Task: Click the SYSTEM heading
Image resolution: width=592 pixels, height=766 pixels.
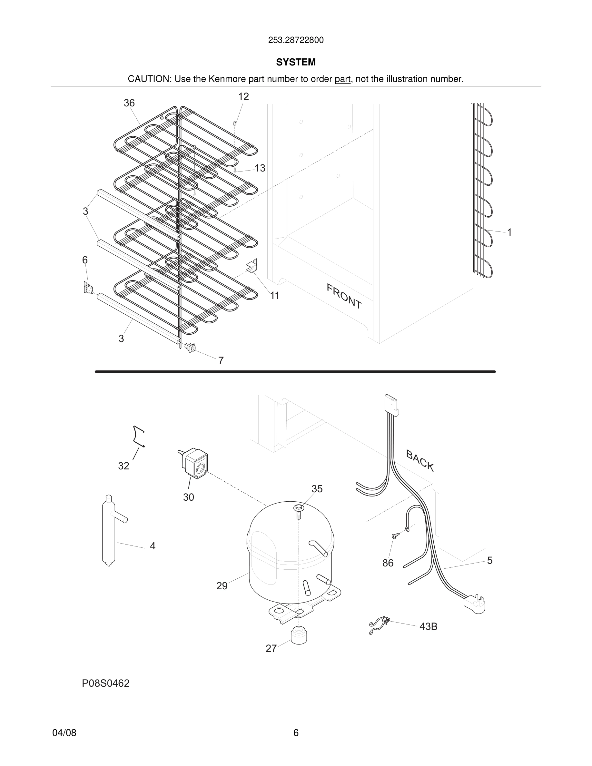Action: tap(296, 62)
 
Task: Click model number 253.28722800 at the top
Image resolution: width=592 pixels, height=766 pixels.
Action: tap(296, 40)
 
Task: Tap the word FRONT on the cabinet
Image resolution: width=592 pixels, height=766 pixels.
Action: tap(344, 296)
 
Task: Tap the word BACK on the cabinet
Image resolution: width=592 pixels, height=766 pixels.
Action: tap(420, 460)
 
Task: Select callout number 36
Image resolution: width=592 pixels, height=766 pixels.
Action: tap(129, 103)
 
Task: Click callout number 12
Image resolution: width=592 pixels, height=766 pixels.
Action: tap(243, 97)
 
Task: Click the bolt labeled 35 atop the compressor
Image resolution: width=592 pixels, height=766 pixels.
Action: tap(299, 512)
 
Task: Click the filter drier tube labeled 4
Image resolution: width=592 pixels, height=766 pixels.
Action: tap(108, 533)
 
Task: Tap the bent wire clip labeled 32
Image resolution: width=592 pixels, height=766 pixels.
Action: tap(139, 437)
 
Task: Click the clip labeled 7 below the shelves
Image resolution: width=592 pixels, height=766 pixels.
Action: tap(190, 347)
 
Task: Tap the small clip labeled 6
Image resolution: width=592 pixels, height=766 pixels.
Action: tap(88, 288)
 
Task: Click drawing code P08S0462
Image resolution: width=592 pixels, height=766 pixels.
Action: tap(105, 683)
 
